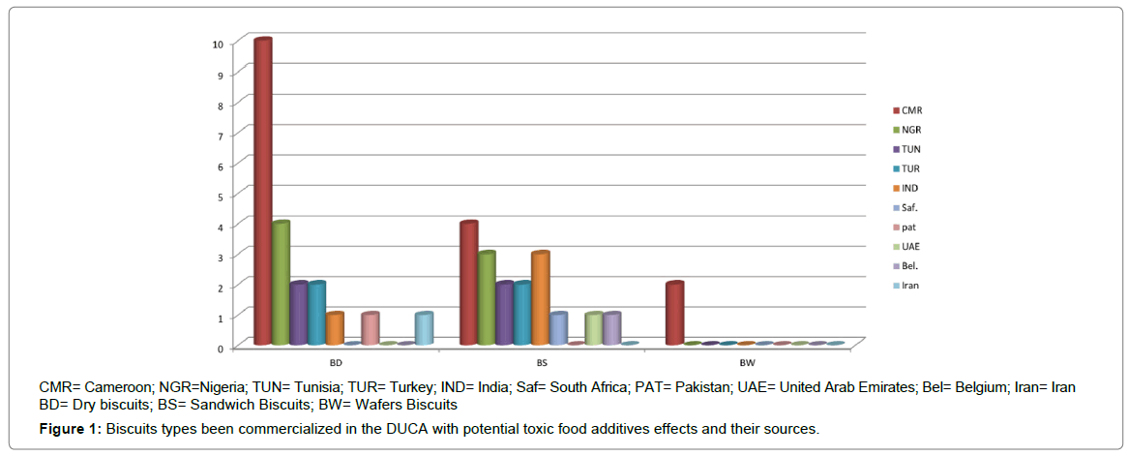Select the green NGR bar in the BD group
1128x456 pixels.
point(281,284)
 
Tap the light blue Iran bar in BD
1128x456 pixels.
point(424,328)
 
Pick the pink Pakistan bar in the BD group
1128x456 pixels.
point(370,328)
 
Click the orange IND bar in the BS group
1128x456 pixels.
point(541,298)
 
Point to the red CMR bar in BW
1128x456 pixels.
point(674,314)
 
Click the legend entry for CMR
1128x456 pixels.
point(910,109)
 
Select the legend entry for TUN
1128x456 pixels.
point(910,148)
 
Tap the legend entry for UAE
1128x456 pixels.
point(910,246)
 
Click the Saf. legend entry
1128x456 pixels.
point(909,207)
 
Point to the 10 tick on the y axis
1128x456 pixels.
point(219,44)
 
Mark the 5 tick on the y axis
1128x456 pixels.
point(221,196)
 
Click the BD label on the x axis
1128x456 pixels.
point(335,363)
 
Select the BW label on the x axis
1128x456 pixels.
point(748,363)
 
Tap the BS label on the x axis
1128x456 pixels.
point(542,363)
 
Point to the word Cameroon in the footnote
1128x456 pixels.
point(115,387)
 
